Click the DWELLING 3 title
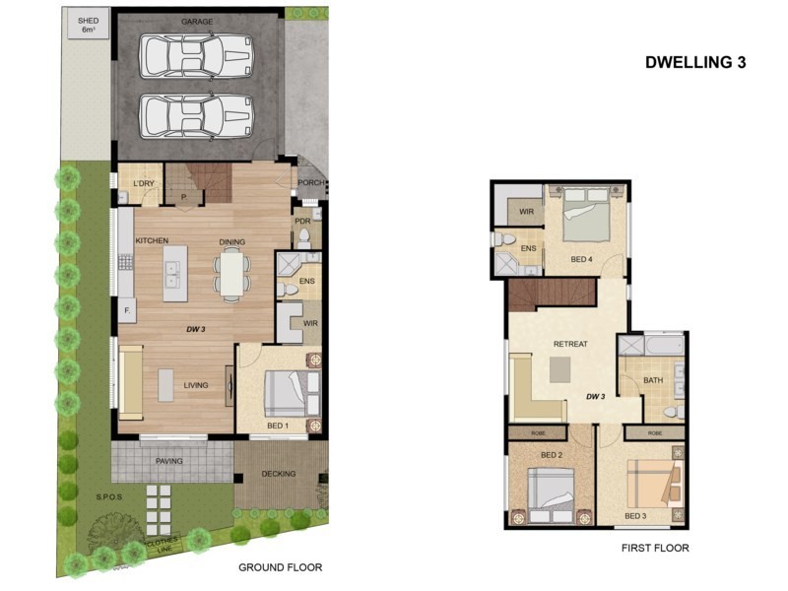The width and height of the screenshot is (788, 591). (x=695, y=62)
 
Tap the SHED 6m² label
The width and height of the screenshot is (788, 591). (x=89, y=25)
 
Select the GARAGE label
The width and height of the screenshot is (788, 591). (x=197, y=21)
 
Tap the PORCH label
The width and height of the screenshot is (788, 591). (x=310, y=182)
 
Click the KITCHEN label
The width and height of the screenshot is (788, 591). (x=152, y=241)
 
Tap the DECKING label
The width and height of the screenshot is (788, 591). (x=279, y=474)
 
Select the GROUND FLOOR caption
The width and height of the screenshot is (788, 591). (x=281, y=567)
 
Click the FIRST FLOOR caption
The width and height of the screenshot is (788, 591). (x=655, y=548)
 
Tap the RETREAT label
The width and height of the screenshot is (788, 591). (x=570, y=344)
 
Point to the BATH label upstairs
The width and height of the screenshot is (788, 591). (x=653, y=380)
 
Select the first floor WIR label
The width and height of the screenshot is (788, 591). (x=526, y=211)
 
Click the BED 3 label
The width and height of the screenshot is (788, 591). (x=636, y=515)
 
